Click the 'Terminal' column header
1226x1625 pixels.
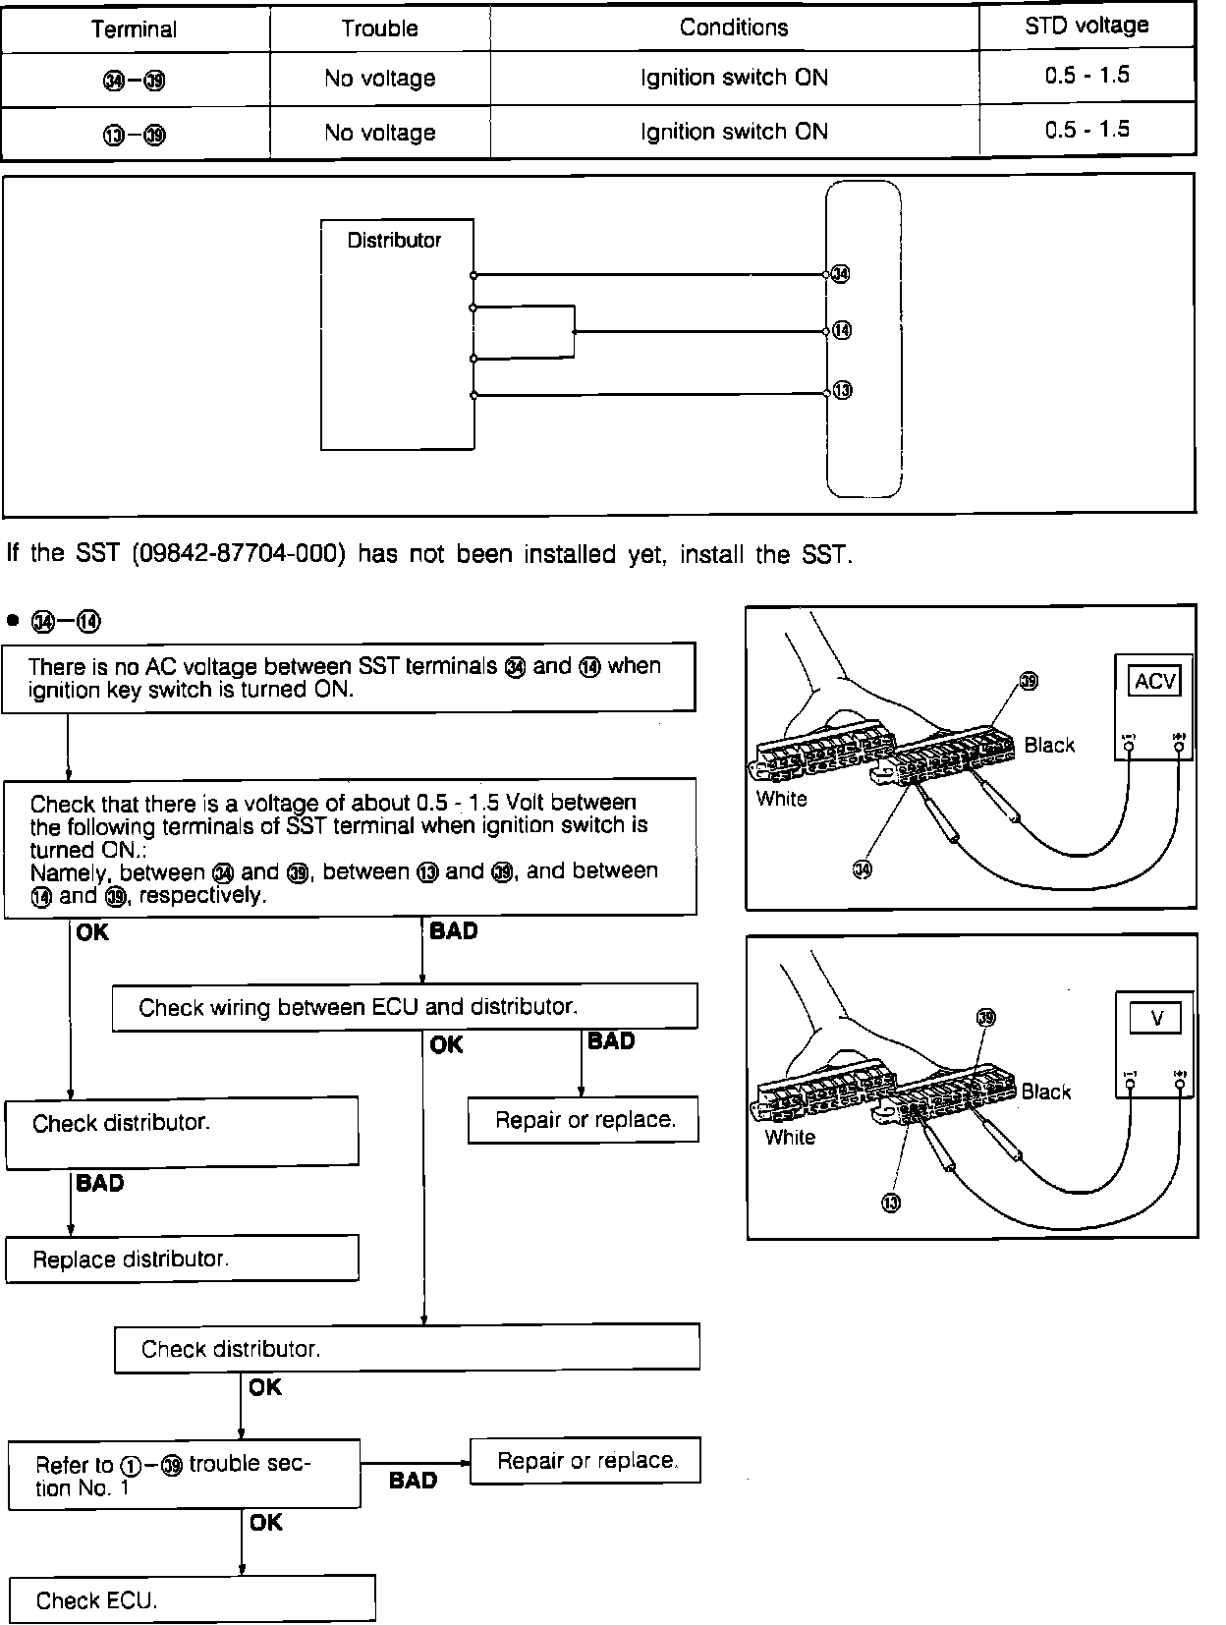tap(134, 29)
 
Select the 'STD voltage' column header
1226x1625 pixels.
tap(1087, 26)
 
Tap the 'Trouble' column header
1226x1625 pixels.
tap(379, 29)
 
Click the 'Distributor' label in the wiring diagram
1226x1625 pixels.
tap(394, 240)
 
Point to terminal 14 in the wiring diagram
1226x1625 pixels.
tap(842, 331)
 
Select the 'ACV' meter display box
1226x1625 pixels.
tap(1155, 681)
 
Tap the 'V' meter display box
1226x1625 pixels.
tap(1156, 1018)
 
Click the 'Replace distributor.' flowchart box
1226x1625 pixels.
tap(182, 1260)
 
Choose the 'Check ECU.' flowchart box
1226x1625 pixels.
tap(192, 1600)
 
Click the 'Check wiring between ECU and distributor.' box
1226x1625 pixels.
tap(405, 1007)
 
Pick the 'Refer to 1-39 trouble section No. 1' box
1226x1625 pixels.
tap(184, 1475)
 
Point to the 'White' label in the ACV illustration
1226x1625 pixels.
tap(782, 799)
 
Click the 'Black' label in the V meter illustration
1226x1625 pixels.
tap(1045, 1092)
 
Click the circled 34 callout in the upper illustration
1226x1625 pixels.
tap(862, 869)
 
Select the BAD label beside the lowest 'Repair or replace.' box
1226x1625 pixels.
tap(413, 1481)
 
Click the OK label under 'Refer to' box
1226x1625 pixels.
tap(265, 1522)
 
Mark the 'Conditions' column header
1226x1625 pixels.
tap(734, 28)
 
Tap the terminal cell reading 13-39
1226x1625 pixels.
tap(135, 134)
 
